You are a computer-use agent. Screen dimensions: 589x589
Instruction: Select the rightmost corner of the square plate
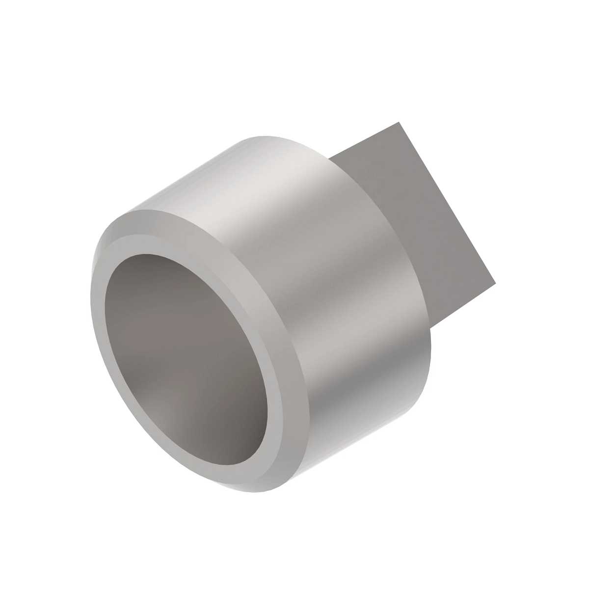(496, 283)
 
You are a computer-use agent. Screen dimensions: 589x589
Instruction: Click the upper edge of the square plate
(363, 140)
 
